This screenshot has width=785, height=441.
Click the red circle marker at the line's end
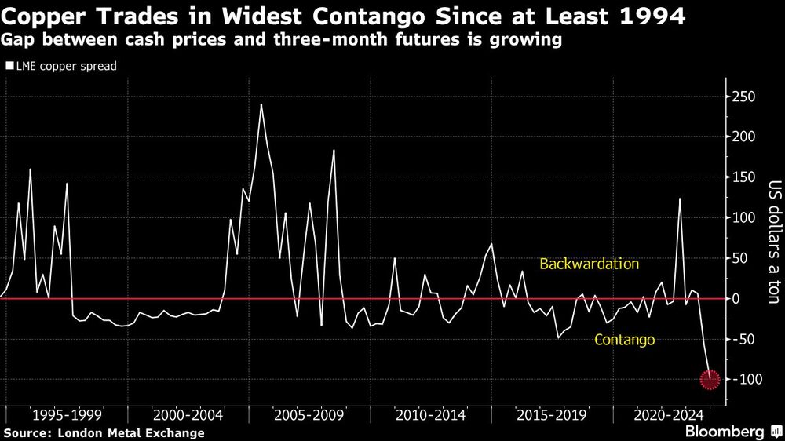[x=710, y=380]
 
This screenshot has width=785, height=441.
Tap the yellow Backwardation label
[x=589, y=264]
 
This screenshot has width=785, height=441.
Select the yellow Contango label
[x=625, y=340]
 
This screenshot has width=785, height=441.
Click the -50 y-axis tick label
[x=742, y=339]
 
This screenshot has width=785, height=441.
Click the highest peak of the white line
[x=261, y=104]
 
